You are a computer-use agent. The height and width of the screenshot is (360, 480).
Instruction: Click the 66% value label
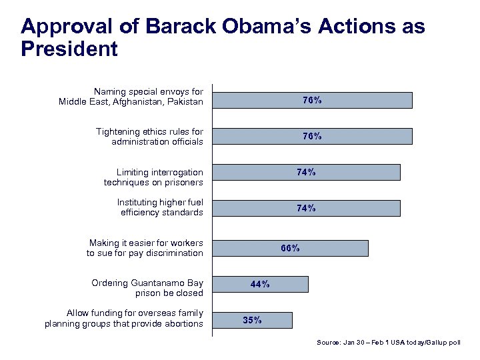pos(290,248)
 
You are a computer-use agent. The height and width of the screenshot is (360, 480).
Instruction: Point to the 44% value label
pos(260,284)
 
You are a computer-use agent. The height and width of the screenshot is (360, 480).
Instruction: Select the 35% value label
pos(252,320)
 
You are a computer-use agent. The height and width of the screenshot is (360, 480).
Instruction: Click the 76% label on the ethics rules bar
pos(312,136)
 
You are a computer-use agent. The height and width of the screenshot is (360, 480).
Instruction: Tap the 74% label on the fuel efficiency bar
pos(306,208)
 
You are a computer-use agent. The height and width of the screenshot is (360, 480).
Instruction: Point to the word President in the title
pos(69,49)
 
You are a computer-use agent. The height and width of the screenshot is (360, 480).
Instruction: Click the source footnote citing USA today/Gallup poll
pos(388,342)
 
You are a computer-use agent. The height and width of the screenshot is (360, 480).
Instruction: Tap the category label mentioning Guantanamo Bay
pos(147,288)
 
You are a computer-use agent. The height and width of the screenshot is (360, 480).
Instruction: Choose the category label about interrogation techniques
pos(153,177)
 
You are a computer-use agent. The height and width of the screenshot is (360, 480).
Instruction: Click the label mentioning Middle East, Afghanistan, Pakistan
pos(131,97)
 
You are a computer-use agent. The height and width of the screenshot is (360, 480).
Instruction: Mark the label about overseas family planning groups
pos(124,319)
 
